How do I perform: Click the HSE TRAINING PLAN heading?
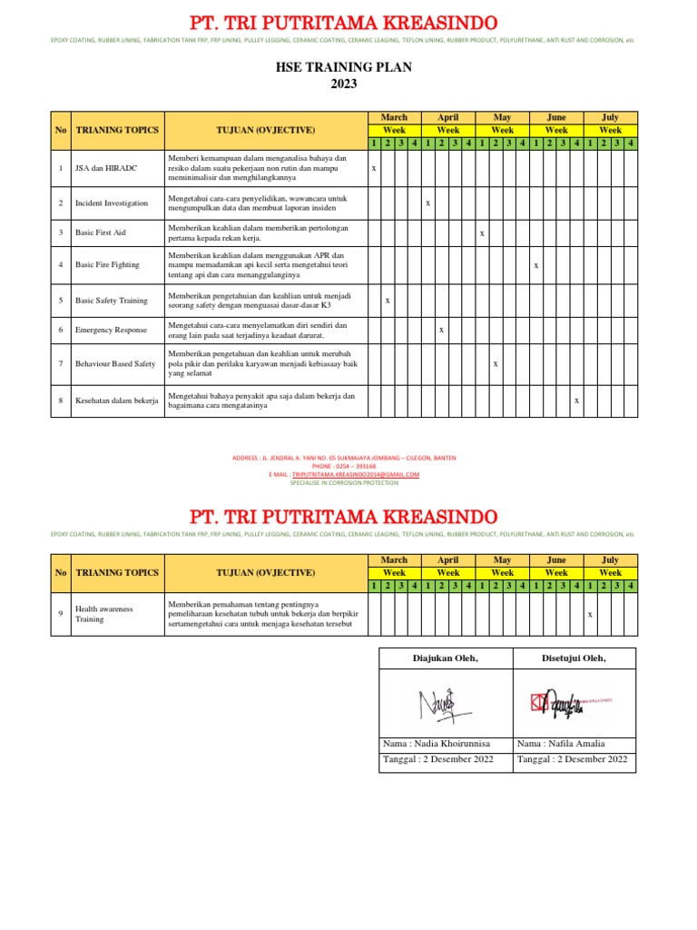pos(343,67)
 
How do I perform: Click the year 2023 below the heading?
pos(343,84)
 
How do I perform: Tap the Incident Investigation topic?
pos(111,203)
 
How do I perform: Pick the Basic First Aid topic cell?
pos(102,233)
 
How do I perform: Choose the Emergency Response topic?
pos(110,330)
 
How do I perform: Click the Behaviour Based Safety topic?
pos(115,363)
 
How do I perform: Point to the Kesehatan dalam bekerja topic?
pos(116,400)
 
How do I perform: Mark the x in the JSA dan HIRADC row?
pos(374,169)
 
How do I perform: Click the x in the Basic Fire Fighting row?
pos(535,265)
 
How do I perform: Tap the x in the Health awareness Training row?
pos(589,615)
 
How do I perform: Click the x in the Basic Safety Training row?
pos(388,300)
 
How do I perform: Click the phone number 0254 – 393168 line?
pos(343,467)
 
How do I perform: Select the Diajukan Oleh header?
pos(445,658)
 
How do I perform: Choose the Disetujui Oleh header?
pos(574,658)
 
